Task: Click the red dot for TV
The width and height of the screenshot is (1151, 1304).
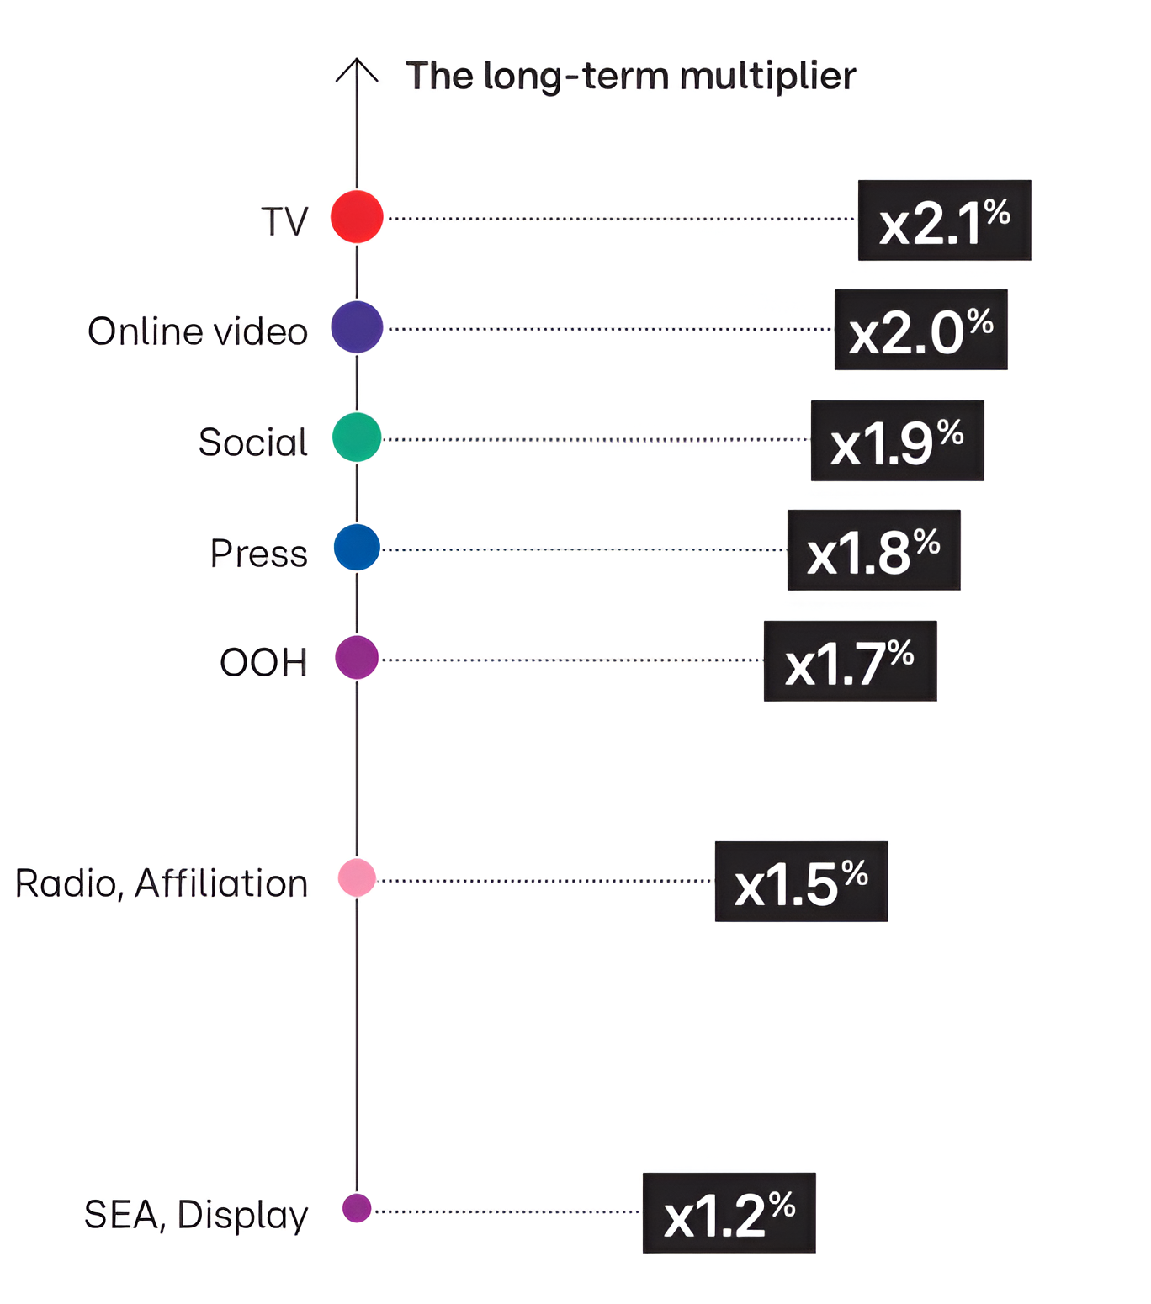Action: coord(357,217)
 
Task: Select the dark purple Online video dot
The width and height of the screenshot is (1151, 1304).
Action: coord(357,327)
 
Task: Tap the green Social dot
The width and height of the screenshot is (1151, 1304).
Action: coord(357,437)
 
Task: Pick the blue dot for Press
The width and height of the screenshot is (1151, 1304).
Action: coord(357,548)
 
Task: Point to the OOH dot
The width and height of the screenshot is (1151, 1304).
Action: coord(357,658)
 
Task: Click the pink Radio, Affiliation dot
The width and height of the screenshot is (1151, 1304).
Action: coord(357,878)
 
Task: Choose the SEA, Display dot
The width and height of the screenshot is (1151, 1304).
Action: coord(357,1209)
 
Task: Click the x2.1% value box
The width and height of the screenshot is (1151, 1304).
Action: coord(944,220)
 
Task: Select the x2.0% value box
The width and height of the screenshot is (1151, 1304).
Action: coord(920,330)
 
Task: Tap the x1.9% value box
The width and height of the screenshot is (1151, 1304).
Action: coord(897,441)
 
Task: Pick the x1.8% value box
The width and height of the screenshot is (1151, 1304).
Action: coord(873,550)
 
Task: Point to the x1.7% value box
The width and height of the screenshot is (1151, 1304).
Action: coord(850,661)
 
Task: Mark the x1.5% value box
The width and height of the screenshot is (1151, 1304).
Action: coord(801,882)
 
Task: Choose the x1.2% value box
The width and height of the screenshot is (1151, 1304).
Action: coord(729,1213)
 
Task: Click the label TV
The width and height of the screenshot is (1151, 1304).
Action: coord(284,222)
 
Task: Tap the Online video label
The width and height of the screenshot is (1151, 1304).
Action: coord(198,331)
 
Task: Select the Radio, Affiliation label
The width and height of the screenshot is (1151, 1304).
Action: coord(162,884)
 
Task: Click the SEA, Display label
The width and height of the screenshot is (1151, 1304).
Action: coord(196,1216)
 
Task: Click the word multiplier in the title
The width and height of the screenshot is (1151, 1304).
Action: coord(767,77)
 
